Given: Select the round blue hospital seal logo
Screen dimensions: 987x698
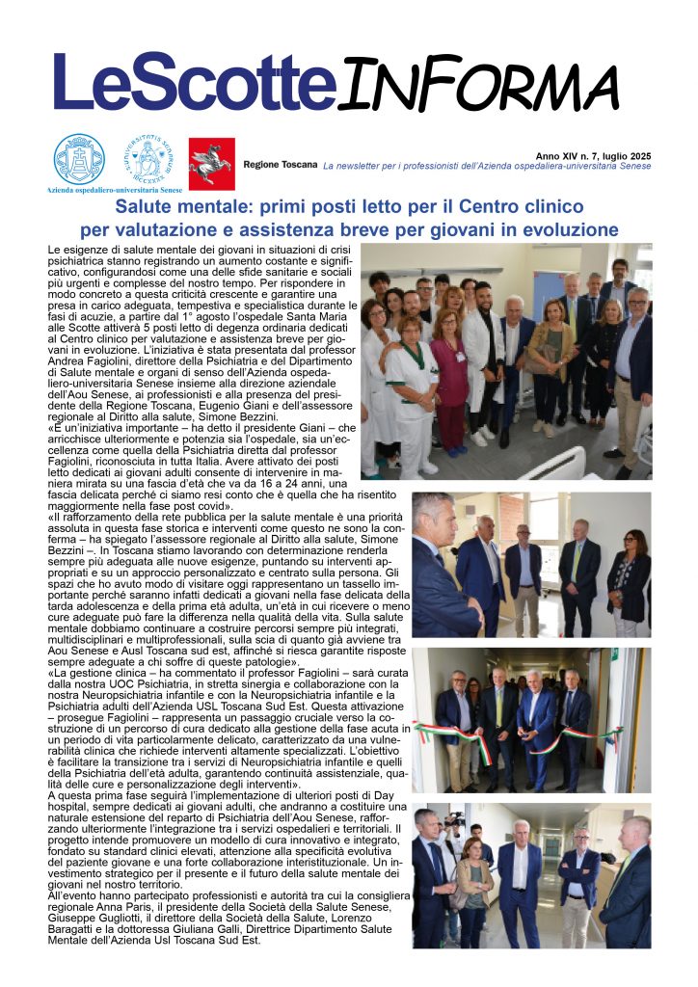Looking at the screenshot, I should tap(78, 158).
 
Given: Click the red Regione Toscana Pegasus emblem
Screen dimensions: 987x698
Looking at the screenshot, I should tap(210, 162).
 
